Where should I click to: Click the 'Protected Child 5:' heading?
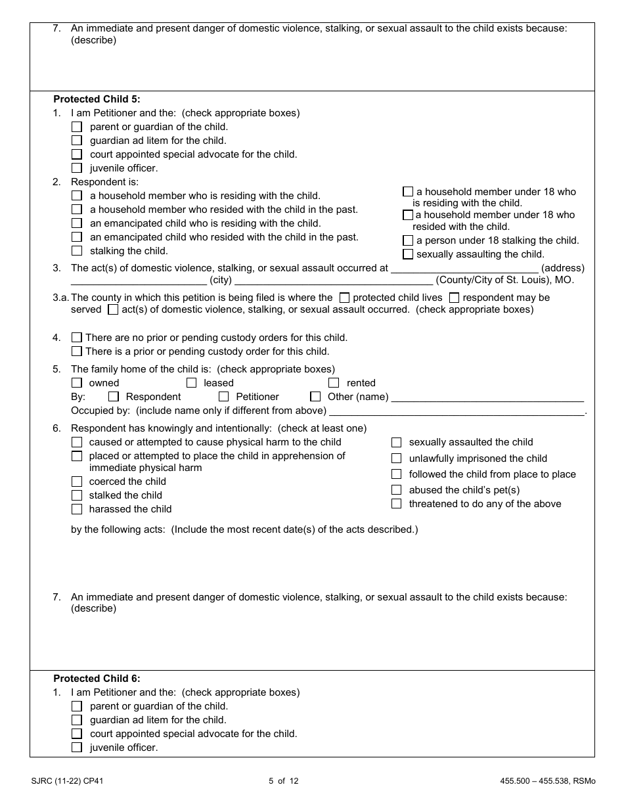point(97,99)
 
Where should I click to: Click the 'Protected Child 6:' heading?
point(97,679)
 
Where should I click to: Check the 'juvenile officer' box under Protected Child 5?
point(77,168)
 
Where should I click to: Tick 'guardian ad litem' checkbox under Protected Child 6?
point(77,720)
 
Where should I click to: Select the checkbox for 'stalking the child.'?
point(77,251)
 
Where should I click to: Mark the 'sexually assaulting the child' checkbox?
point(408,254)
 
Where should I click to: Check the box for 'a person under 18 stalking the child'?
point(408,240)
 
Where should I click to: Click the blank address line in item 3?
point(464,268)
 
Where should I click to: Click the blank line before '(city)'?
point(139,280)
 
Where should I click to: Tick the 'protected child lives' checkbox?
point(344,298)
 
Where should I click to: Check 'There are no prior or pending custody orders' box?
point(77,338)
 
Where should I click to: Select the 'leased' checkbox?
point(192,383)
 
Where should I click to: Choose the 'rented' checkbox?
point(334,383)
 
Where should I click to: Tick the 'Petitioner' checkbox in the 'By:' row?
point(224,397)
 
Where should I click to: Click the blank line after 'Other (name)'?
point(487,397)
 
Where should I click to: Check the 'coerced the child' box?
point(77,482)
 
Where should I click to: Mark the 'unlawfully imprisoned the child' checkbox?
point(397,459)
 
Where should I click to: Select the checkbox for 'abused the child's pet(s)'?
point(397,490)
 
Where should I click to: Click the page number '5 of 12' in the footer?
point(284,781)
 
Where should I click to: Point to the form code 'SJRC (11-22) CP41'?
point(66,781)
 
